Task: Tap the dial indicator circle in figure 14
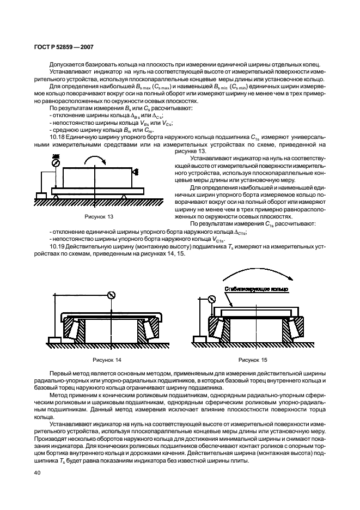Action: [112, 296]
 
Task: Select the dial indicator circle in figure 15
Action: [212, 298]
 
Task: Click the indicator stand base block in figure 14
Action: [55, 341]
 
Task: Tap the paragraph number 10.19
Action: [56, 247]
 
